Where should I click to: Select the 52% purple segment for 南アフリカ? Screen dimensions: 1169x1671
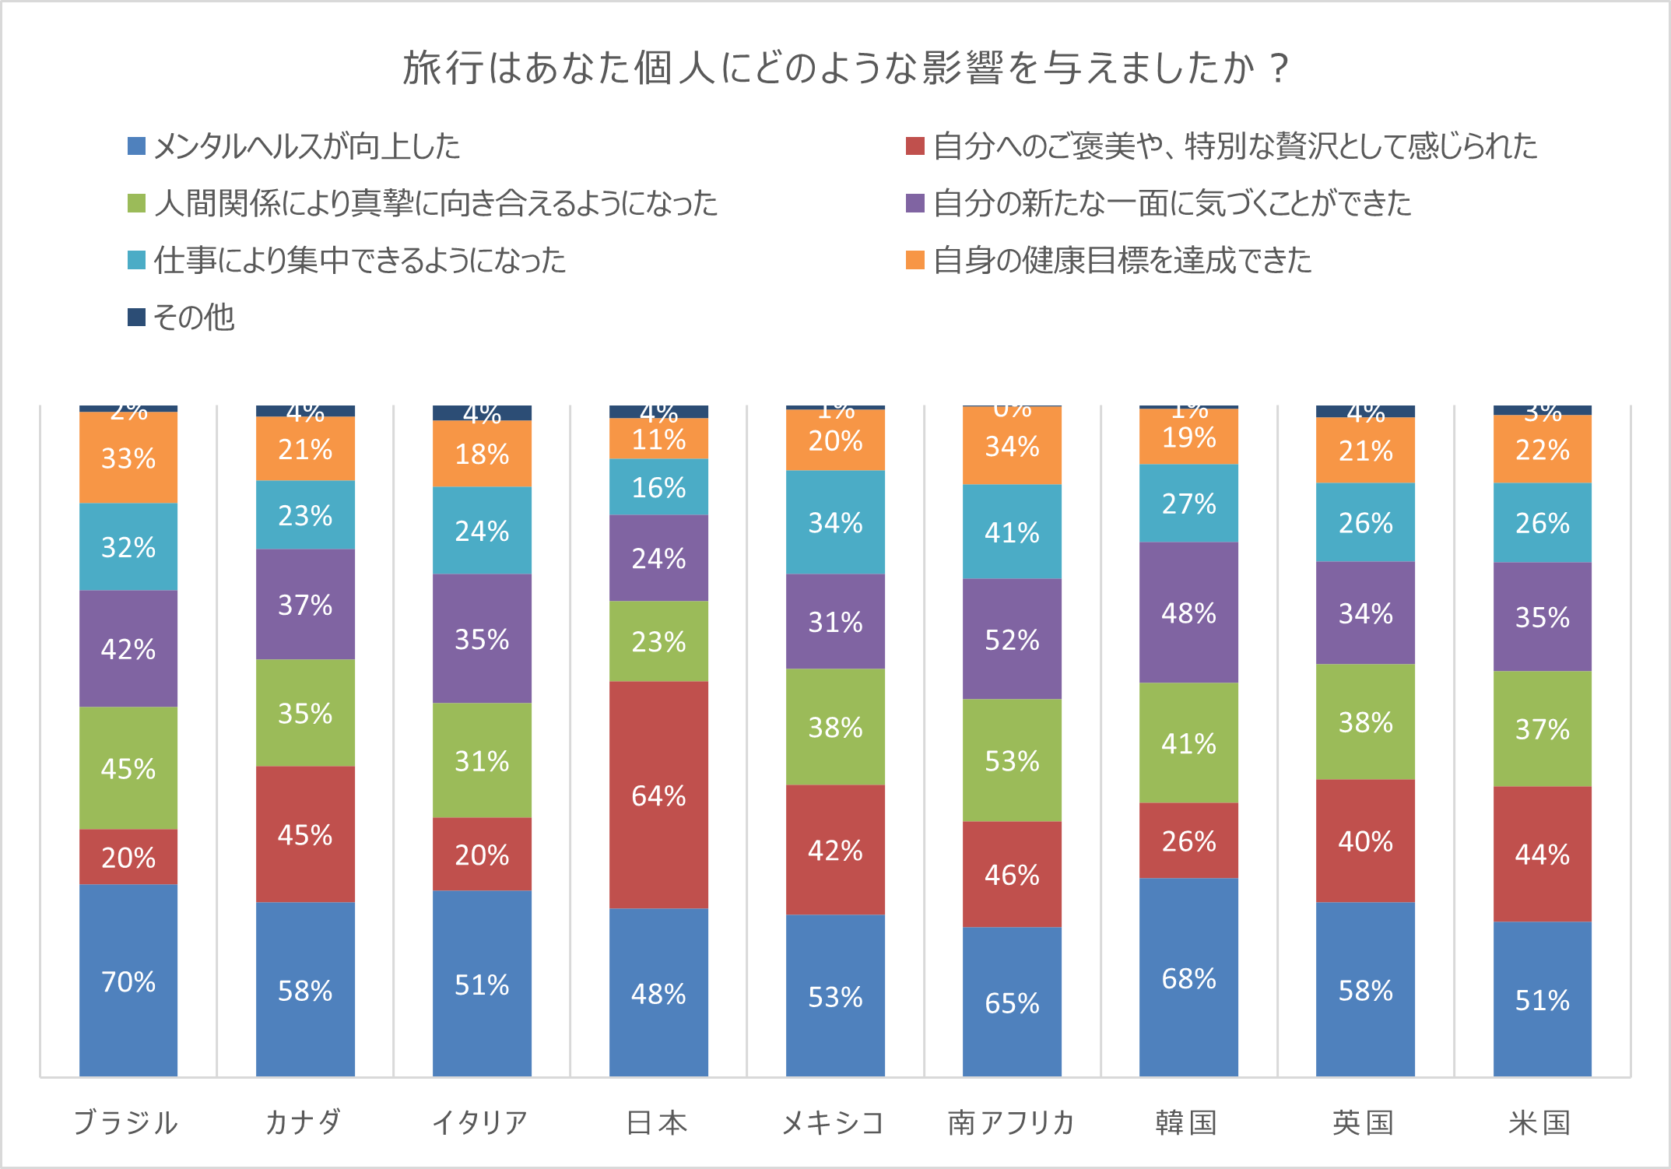[x=1012, y=640]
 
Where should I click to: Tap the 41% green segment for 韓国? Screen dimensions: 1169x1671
[x=1188, y=743]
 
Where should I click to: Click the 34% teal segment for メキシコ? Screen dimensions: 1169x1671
[x=835, y=522]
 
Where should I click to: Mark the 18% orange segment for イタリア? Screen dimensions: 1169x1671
[x=482, y=454]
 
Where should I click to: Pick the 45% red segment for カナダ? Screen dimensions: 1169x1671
[x=305, y=835]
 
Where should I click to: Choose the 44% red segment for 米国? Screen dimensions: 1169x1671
[x=1542, y=855]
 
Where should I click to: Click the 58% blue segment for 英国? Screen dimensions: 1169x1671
[x=1365, y=990]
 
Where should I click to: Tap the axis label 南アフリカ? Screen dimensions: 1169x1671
[x=1011, y=1123]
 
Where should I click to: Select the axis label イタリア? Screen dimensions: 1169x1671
[x=480, y=1123]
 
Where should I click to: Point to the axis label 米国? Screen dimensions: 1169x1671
[x=1540, y=1123]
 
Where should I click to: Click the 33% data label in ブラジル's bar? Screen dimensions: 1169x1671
[x=128, y=458]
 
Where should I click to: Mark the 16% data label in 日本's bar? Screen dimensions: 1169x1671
[x=658, y=488]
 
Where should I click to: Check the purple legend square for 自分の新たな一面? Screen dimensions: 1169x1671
[x=915, y=203]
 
